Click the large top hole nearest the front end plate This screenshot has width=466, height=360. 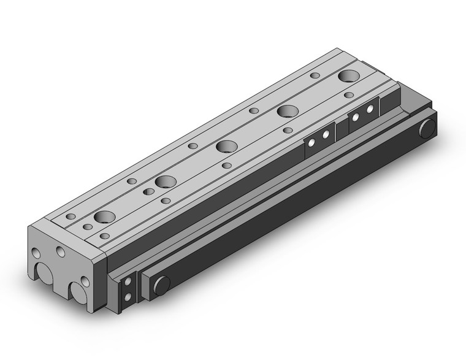(x=104, y=217)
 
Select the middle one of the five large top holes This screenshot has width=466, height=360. (x=226, y=147)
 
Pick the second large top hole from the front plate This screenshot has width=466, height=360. (x=165, y=182)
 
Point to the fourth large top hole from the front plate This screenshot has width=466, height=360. (x=287, y=112)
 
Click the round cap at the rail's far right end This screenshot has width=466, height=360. (x=427, y=128)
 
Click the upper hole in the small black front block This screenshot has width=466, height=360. (x=128, y=283)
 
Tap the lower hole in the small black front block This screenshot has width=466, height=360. (x=128, y=297)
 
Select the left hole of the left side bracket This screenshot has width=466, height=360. (x=312, y=142)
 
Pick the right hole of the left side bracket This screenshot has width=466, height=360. (x=326, y=134)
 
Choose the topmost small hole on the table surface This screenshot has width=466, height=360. (x=315, y=75)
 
